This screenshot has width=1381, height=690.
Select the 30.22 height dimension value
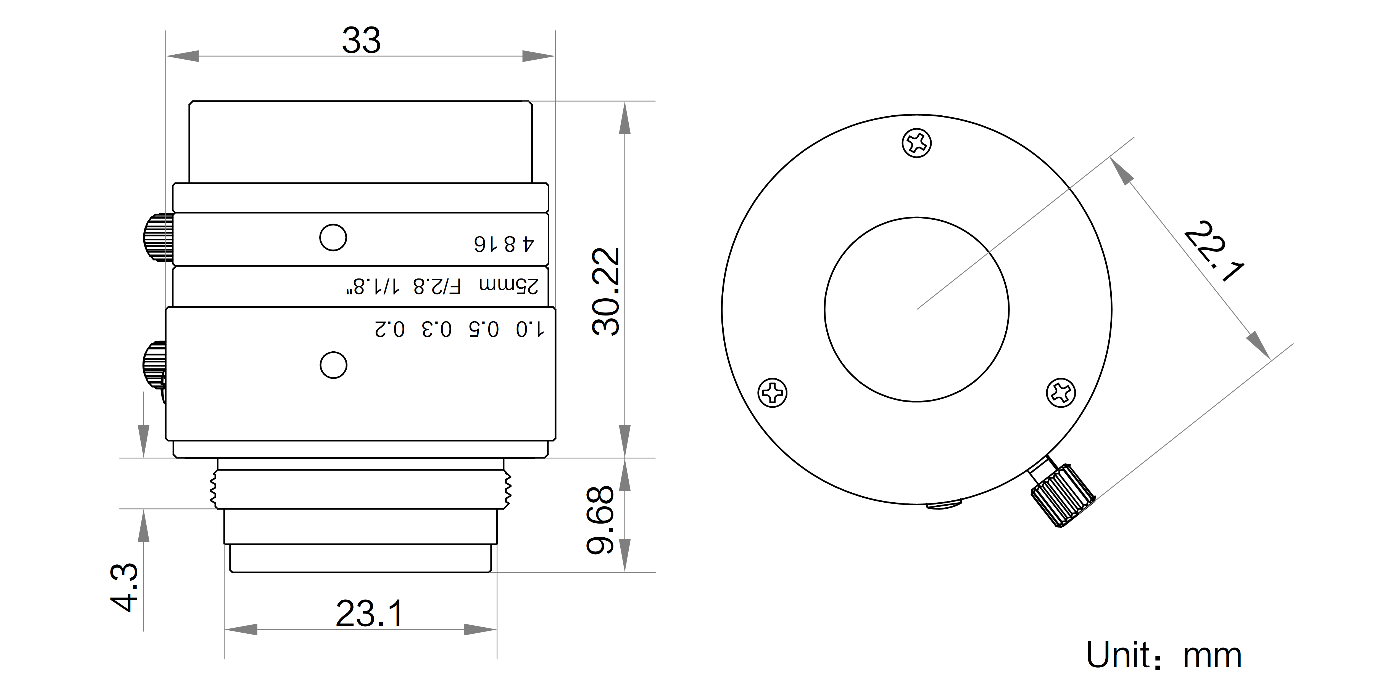point(606,292)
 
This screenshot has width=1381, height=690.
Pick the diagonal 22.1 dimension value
point(1213,250)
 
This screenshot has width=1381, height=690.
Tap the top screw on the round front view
point(917,143)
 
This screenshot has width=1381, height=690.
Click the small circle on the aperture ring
point(333,237)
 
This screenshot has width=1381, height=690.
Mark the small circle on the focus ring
point(333,365)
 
